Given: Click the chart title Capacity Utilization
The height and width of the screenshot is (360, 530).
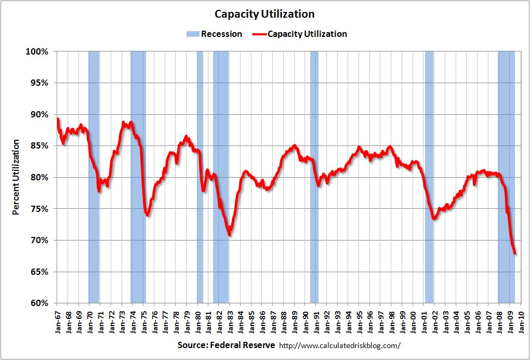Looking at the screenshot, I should tap(265, 14).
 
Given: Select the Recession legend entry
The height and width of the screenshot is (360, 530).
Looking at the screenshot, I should tap(215, 34).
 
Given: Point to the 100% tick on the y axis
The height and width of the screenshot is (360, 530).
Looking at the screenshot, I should tap(37, 51).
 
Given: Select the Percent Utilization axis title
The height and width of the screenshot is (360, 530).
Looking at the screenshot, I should tap(16, 177).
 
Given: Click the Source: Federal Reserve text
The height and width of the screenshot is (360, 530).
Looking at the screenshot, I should tap(226, 345).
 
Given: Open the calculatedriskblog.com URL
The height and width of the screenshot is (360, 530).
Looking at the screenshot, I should tap(340, 345).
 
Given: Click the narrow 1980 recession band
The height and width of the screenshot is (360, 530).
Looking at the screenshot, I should tap(200, 177).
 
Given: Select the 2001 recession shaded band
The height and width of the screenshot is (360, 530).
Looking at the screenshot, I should tap(429, 177).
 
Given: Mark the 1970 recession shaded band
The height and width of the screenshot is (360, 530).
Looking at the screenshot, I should tap(94, 177).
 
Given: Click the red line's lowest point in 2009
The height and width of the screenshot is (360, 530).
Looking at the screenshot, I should tap(515, 254).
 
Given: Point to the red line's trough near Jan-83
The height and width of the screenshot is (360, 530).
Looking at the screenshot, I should tap(229, 235).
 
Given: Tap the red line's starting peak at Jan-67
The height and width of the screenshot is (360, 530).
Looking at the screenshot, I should tap(58, 119).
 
